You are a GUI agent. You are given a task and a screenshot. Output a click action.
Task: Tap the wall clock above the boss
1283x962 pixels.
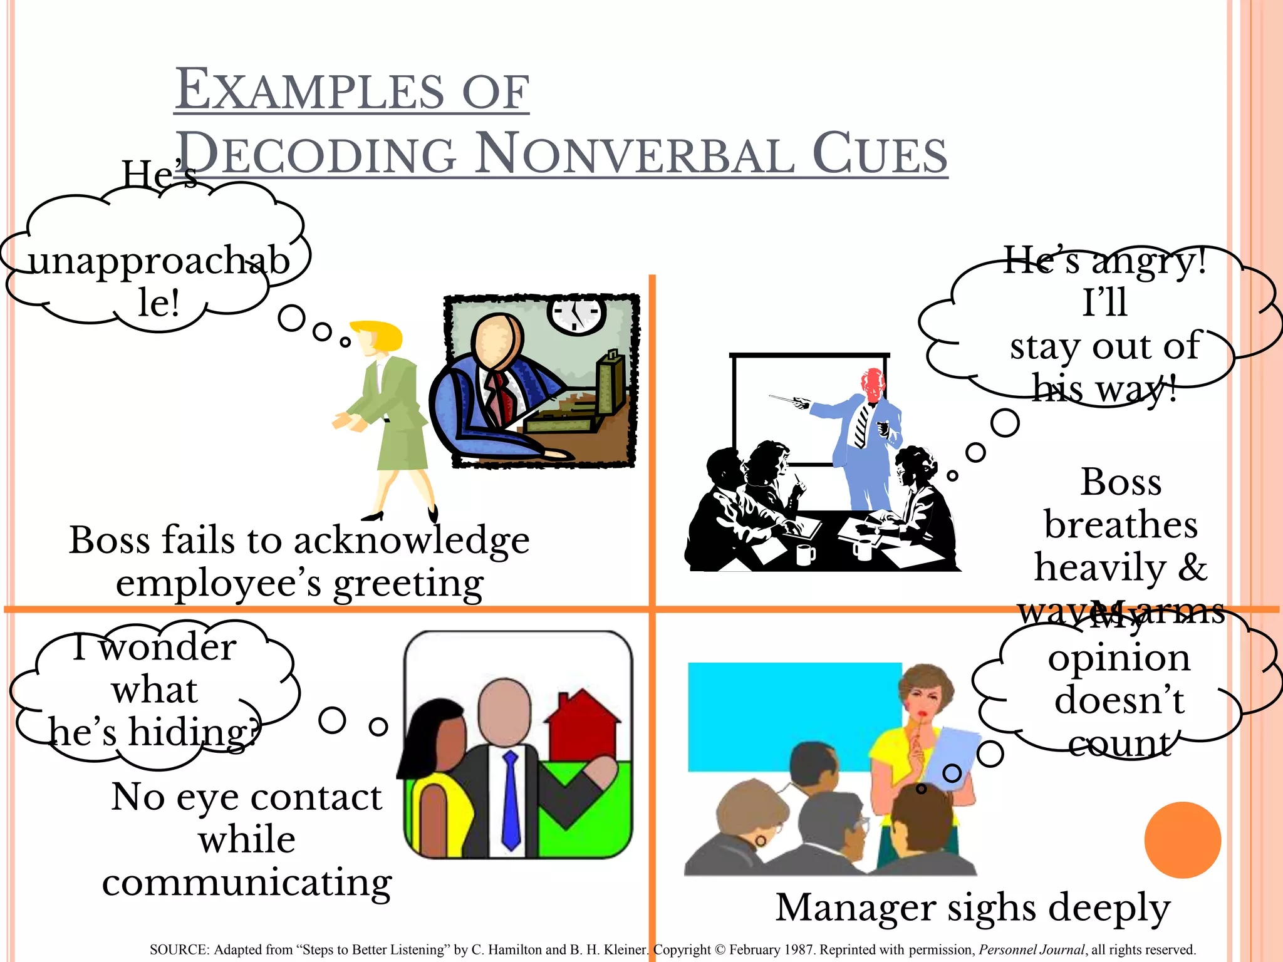(576, 314)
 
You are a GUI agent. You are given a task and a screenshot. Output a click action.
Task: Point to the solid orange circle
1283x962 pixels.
(1182, 840)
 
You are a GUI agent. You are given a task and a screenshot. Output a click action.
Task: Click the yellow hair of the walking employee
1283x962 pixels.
(378, 335)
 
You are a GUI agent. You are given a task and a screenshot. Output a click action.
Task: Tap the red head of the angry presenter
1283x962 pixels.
(872, 383)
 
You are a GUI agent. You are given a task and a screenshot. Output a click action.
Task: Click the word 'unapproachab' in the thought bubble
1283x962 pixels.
(159, 261)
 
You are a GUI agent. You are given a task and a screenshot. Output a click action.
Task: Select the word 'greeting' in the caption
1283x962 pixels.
(408, 584)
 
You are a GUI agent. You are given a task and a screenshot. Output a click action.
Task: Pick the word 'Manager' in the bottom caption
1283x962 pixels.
(856, 908)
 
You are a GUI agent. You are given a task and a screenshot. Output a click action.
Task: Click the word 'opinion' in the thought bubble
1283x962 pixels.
(1119, 659)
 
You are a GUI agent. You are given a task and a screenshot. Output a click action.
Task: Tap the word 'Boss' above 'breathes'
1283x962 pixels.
(1121, 482)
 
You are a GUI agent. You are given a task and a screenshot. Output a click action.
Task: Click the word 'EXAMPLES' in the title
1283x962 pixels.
(311, 91)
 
